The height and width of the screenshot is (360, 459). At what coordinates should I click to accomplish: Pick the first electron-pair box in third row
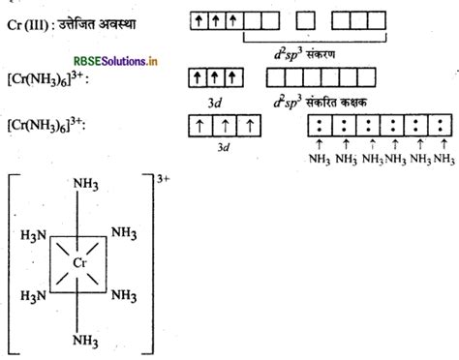318,125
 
